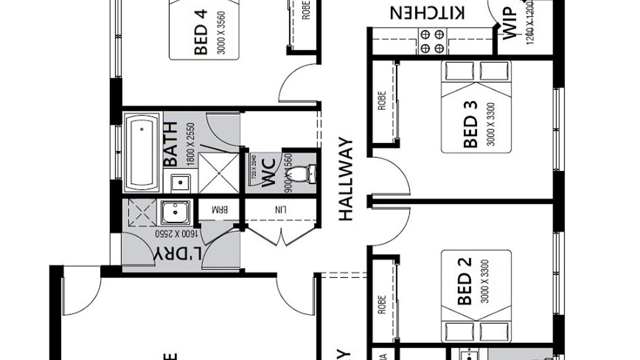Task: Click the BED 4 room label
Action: pos(201,32)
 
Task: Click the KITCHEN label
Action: pos(427,13)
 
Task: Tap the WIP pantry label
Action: pos(510,23)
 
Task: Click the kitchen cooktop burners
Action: pos(432,41)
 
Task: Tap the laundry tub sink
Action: pos(175,213)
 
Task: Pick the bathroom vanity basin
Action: pos(180,183)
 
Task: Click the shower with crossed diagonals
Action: pos(218,173)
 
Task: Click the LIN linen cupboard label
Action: pos(281,209)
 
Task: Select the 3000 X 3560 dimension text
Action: pos(221,33)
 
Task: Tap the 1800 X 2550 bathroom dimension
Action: pos(190,144)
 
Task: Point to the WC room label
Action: pos(269,173)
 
